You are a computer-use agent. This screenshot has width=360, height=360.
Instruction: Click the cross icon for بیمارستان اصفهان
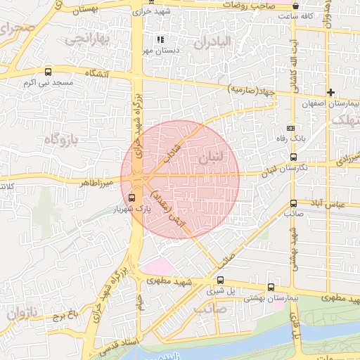pos(330,93)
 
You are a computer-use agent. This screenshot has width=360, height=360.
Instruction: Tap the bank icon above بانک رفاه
pos(291,128)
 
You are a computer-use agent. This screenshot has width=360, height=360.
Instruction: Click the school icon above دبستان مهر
pos(160,39)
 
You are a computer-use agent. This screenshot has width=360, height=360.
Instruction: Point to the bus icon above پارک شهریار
pos(131,198)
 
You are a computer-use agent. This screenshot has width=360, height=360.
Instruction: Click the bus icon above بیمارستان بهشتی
pos(271,287)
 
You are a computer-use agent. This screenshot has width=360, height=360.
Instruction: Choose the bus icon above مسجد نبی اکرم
pos(48,71)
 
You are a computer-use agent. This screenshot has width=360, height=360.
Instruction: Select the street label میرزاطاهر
pos(96,182)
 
